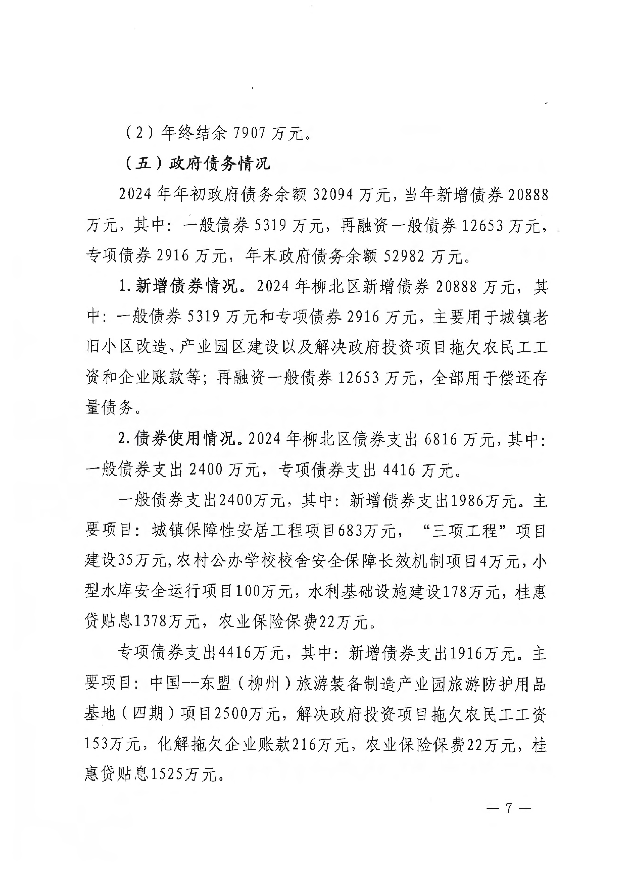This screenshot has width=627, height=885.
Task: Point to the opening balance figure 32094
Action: coord(333,195)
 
